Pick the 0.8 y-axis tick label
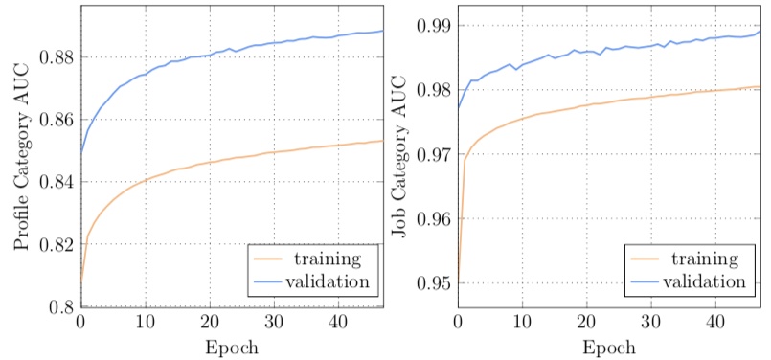(x=62, y=306)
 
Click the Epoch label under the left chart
(x=231, y=347)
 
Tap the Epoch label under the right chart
(x=609, y=347)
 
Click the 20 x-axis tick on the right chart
(x=587, y=323)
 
